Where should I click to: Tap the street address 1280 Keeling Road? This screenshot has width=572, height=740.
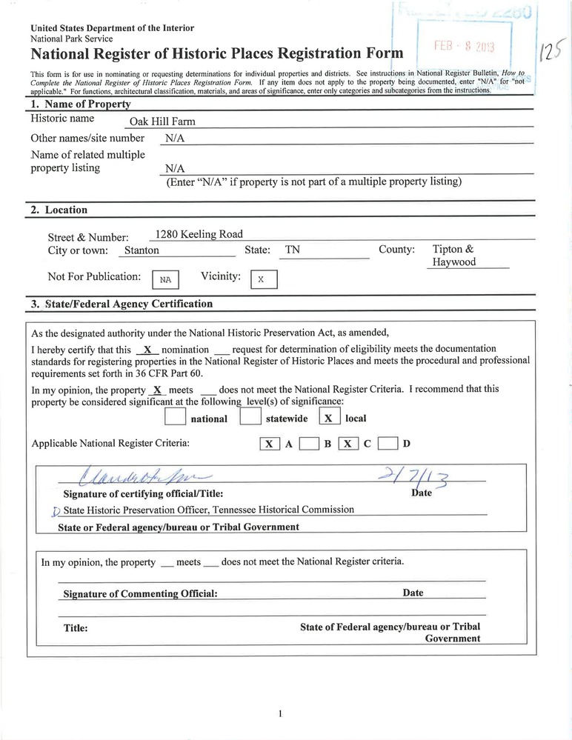click(x=193, y=234)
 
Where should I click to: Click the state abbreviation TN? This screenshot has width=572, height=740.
click(x=293, y=250)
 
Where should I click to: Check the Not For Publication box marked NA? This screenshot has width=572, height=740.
click(x=165, y=280)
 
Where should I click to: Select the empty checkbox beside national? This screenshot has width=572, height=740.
click(x=176, y=417)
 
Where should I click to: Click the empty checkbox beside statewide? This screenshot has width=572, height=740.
click(x=250, y=417)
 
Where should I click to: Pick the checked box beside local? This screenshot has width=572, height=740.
click(x=329, y=417)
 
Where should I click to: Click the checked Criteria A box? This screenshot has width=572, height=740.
click(x=270, y=444)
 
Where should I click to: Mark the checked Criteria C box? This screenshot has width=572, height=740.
click(x=349, y=444)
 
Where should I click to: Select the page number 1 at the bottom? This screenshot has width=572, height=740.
click(x=281, y=713)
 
